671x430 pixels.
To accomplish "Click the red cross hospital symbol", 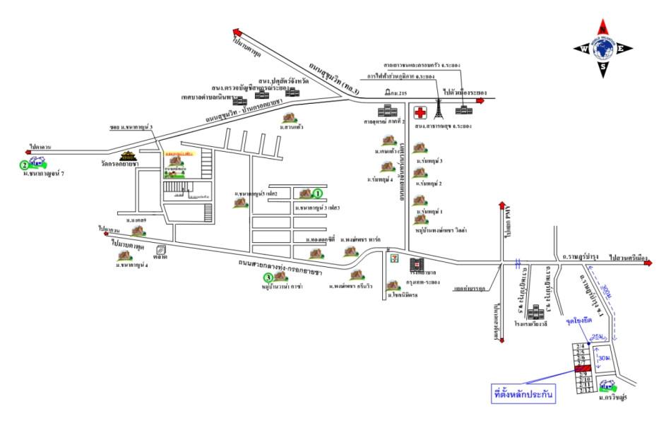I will (420, 113).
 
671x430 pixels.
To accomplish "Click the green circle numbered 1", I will (318, 192).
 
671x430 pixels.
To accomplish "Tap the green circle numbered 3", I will (268, 277).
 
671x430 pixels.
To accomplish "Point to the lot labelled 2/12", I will (583, 390).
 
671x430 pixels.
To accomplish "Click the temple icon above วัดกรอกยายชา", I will (128, 156).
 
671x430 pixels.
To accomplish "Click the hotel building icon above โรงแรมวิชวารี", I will (536, 311).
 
